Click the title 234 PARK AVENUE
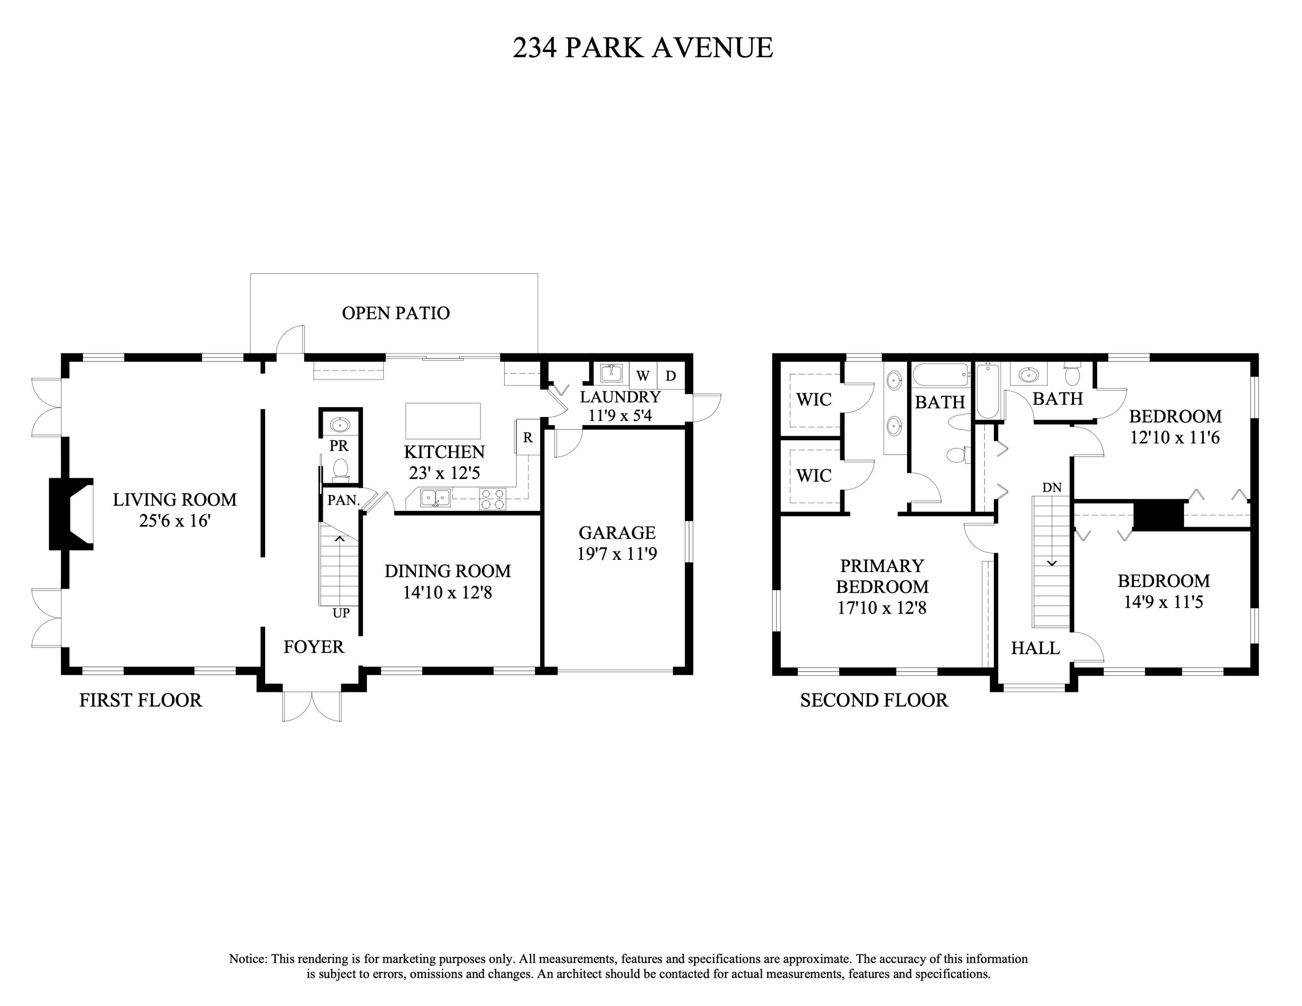[643, 48]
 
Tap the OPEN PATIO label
[395, 313]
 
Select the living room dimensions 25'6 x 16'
[174, 521]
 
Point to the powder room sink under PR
[340, 425]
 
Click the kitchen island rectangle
[443, 421]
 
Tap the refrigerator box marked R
[528, 438]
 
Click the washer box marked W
[643, 376]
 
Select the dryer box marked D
[671, 376]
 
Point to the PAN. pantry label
[343, 500]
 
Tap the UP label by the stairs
[341, 613]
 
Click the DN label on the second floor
[1052, 487]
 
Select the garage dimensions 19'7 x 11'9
[617, 554]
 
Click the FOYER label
[314, 647]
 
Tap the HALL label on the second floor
[1036, 648]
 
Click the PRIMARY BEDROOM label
[882, 576]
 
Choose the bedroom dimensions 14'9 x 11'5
[1163, 602]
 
